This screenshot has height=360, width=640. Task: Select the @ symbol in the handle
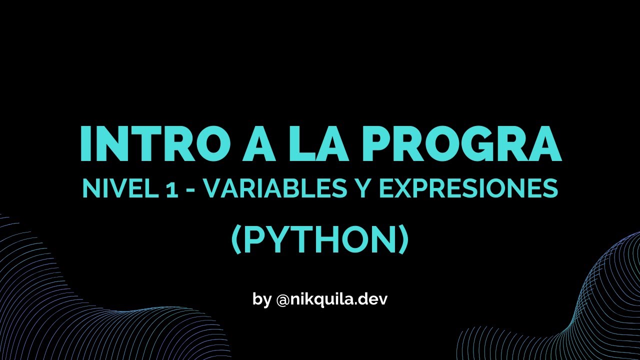281,300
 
